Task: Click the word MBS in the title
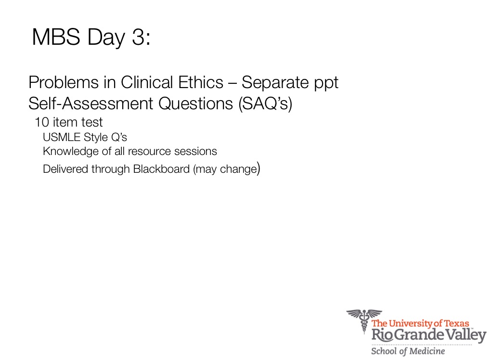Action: point(56,37)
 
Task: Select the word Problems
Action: point(64,83)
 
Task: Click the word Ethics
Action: point(201,82)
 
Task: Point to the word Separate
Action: point(275,83)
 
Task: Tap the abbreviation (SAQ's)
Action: point(265,104)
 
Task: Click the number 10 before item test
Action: point(42,122)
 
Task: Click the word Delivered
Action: point(65,169)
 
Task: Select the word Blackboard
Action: point(161,169)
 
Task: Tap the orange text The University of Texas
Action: point(420,323)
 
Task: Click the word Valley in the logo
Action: point(466,335)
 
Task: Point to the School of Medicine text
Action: point(408,351)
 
